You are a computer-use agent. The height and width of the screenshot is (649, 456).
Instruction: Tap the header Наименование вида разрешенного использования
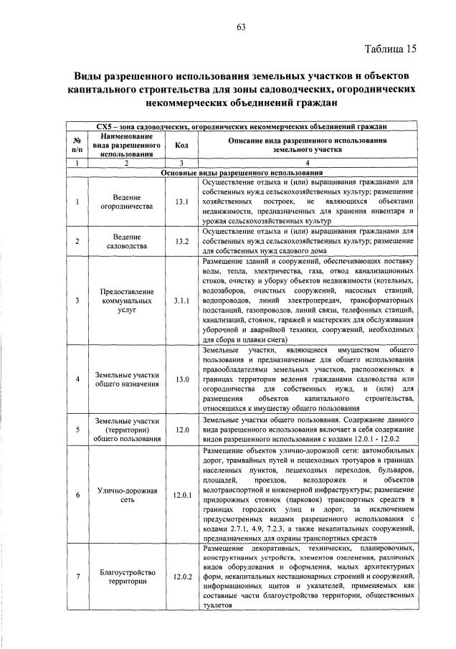click(125, 145)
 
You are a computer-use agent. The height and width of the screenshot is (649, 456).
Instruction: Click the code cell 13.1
click(181, 202)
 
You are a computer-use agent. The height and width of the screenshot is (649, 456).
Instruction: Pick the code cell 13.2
click(181, 241)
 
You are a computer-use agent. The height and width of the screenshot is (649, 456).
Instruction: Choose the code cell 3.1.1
click(181, 302)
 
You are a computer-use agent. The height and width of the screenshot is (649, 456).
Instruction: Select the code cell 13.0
click(181, 379)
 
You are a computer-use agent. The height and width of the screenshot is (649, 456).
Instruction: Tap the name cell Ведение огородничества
click(125, 202)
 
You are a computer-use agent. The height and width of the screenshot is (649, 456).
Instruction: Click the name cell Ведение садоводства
click(125, 241)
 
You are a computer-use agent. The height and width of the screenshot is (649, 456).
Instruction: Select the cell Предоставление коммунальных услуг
click(125, 302)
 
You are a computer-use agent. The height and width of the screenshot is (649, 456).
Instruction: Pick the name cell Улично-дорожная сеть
click(125, 495)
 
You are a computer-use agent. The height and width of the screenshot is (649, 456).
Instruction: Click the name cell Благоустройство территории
click(125, 576)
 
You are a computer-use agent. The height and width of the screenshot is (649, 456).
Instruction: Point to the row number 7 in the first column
click(76, 576)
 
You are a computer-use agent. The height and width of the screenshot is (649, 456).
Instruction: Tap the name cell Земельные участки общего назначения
click(125, 379)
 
